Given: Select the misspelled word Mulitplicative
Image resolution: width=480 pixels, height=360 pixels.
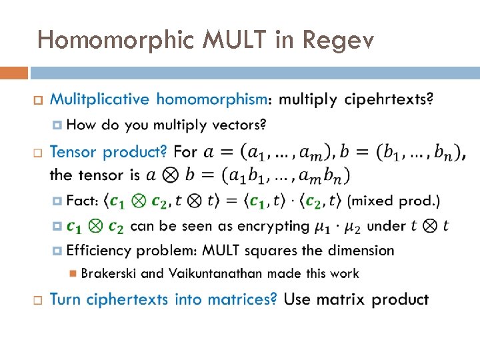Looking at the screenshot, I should pyautogui.click(x=100, y=100).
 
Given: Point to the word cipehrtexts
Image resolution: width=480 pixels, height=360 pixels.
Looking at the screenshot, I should pyautogui.click(x=389, y=100).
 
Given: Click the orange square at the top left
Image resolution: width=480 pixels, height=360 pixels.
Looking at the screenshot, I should pyautogui.click(x=14, y=73).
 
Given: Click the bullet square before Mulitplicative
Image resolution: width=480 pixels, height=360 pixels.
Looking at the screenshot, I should pyautogui.click(x=37, y=101).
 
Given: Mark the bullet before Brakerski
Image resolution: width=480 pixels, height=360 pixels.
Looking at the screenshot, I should pyautogui.click(x=74, y=273).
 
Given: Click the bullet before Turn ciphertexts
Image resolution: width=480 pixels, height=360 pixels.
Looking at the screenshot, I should pyautogui.click(x=37, y=300).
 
